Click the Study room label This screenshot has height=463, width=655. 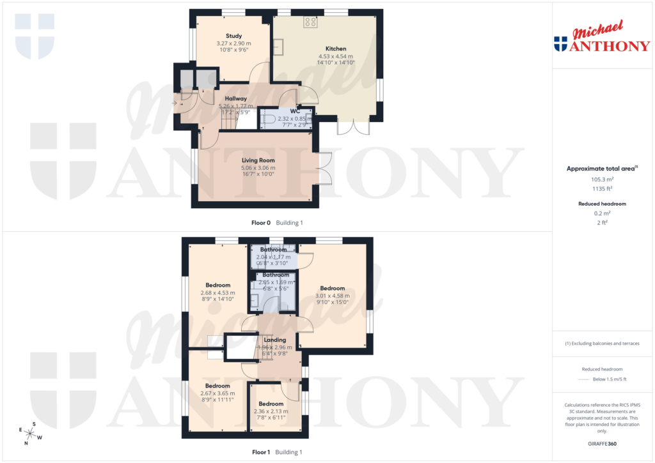click(233, 36)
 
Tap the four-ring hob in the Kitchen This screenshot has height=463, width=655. click(311, 22)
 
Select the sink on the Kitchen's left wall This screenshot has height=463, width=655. click(280, 47)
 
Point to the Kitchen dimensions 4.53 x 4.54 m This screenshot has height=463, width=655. click(336, 56)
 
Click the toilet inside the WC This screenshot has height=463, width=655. click(269, 119)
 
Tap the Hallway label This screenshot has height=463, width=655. click(235, 99)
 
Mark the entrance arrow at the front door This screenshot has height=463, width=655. click(176, 102)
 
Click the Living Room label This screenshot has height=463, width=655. click(258, 160)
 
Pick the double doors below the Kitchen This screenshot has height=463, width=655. click(354, 127)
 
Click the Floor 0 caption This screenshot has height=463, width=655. click(260, 223)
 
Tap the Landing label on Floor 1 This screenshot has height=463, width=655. click(275, 340)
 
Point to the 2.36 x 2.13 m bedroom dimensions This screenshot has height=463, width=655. click(271, 411)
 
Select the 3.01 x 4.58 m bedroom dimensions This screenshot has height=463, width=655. click(332, 296)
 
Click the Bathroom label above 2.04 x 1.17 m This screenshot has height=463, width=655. click(273, 250)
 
